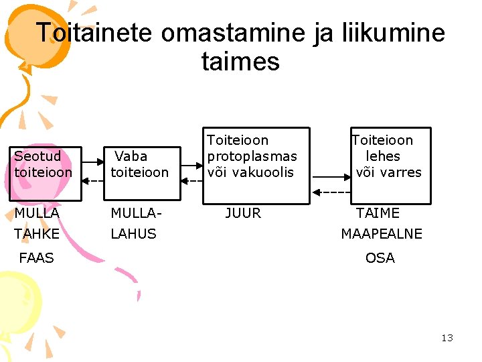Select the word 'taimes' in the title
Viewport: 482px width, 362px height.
[240, 62]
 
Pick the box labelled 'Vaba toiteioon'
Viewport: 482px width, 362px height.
[145, 174]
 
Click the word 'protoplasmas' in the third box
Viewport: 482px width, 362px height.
[252, 156]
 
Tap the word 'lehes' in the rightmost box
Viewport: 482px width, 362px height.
[383, 156]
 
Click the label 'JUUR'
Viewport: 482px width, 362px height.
[243, 213]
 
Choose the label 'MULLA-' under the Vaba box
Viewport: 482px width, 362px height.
[137, 213]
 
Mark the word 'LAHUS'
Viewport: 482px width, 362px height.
[133, 234]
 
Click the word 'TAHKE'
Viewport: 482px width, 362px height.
[37, 234]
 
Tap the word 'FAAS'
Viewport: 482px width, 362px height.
[37, 257]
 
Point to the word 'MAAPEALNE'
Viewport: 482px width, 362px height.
[382, 234]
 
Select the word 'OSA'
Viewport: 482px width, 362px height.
[380, 257]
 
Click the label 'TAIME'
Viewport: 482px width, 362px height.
[378, 213]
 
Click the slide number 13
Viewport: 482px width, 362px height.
[447, 338]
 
